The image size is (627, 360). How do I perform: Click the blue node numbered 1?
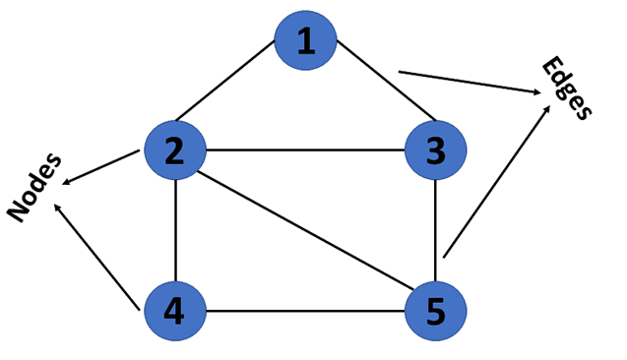pos(306,41)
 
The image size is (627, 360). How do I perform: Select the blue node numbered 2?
pos(175,150)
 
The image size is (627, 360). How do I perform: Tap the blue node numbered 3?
pos(435,150)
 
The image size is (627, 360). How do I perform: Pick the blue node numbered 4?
pos(175,314)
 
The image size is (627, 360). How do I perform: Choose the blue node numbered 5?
pos(435,314)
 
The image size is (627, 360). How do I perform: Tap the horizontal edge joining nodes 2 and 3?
pos(305,151)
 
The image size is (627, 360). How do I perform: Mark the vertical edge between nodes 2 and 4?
pos(175,232)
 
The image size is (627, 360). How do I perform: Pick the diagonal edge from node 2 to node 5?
pos(305,233)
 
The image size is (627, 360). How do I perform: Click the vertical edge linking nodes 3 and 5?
pos(435,232)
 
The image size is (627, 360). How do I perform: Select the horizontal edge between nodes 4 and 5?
pos(305,314)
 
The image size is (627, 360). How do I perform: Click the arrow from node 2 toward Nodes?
pos(101,167)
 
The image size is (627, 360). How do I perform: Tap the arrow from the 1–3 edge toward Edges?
pos(469,83)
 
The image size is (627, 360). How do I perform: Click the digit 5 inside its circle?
pos(435,314)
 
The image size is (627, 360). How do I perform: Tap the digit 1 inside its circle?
pos(306,41)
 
